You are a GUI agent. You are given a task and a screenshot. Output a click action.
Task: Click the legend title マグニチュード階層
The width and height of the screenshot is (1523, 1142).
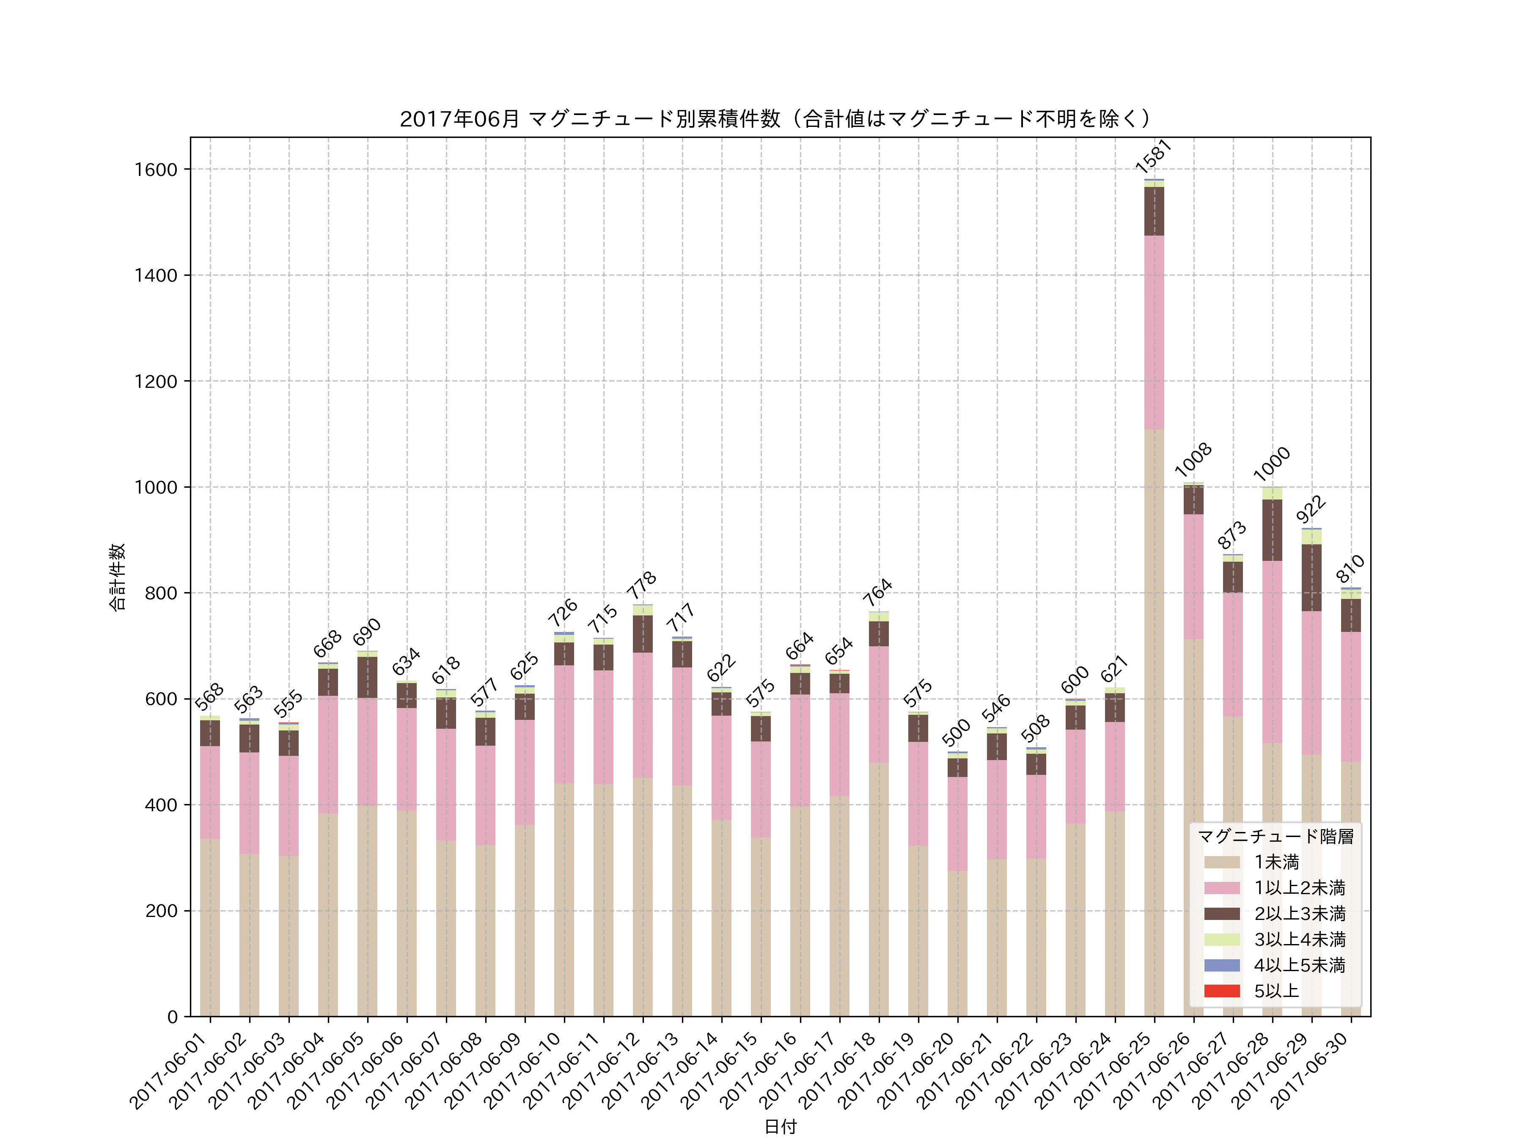(x=1275, y=836)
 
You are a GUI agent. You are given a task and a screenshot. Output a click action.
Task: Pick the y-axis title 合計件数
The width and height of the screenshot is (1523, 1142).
(x=118, y=577)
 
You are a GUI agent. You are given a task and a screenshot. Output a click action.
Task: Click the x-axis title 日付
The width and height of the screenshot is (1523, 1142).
(x=780, y=1126)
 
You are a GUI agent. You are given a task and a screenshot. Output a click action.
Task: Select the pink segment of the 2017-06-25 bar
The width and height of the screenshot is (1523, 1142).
(x=1154, y=332)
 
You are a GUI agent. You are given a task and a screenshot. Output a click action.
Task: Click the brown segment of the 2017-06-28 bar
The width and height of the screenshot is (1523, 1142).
(x=1272, y=530)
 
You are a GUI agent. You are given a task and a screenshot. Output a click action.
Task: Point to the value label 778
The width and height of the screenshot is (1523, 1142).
(x=641, y=586)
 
